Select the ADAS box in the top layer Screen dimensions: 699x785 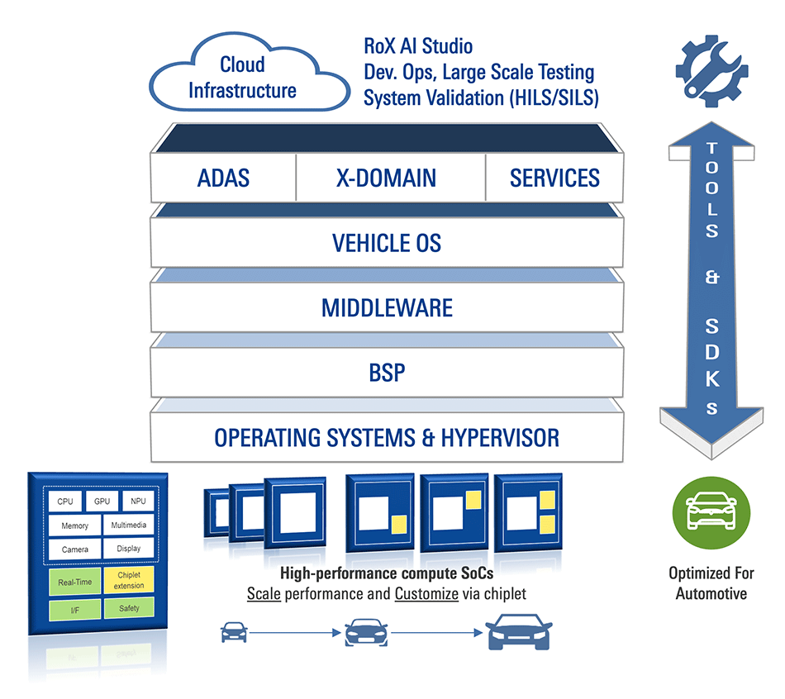pos(223,178)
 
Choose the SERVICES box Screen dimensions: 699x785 pos(554,178)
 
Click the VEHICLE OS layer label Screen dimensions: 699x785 pos(387,243)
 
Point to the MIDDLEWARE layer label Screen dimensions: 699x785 pos(387,308)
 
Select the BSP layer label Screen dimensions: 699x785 pos(387,373)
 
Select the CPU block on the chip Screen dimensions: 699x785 pos(64,502)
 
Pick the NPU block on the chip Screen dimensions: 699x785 pos(133,502)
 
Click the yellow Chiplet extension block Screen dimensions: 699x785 pos(129,580)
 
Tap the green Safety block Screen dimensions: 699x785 pos(129,609)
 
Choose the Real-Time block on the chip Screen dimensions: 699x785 pos(74,581)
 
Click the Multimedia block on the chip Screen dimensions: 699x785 pos(129,525)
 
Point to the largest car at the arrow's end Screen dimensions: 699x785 pos(518,634)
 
